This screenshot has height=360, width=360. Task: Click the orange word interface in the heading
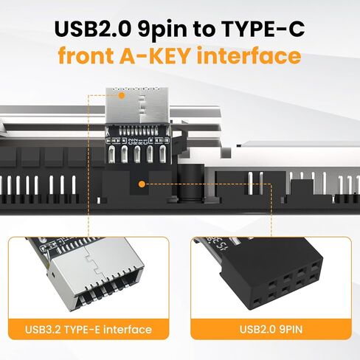tap(258, 56)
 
